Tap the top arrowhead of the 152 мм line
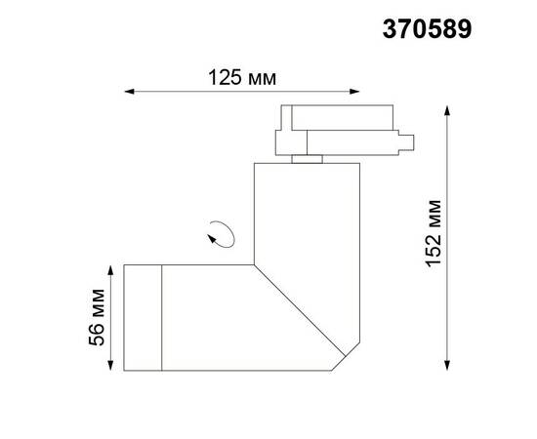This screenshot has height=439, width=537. click(x=448, y=110)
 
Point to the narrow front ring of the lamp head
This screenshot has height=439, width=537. click(x=141, y=317)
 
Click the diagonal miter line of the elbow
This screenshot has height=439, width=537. click(x=303, y=311)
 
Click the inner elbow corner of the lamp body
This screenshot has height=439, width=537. click(x=254, y=264)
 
